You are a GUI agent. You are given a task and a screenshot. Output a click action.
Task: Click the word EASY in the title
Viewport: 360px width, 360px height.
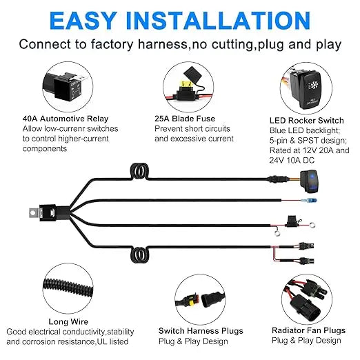pyautogui.click(x=83, y=21)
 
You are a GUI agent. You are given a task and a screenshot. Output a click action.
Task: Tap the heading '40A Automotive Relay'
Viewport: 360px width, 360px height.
pyautogui.click(x=66, y=119)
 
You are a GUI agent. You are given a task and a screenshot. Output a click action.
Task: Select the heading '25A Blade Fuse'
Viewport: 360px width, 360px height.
pyautogui.click(x=185, y=119)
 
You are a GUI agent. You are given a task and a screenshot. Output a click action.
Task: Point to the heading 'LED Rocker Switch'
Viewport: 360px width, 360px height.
pyautogui.click(x=307, y=121)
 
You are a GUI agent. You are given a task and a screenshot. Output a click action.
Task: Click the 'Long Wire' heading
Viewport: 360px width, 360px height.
pyautogui.click(x=68, y=321)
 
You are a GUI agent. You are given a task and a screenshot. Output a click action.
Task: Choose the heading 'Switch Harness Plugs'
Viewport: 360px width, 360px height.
pyautogui.click(x=201, y=331)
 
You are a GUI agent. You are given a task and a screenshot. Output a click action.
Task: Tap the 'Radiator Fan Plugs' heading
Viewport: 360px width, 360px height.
pyautogui.click(x=308, y=330)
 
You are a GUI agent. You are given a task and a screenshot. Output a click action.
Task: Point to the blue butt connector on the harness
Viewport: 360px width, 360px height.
pyautogui.click(x=311, y=201)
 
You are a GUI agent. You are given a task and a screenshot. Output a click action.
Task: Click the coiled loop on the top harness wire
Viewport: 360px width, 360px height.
pyautogui.click(x=139, y=171)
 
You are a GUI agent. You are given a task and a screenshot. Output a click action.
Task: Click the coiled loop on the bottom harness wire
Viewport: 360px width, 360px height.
pyautogui.click(x=139, y=255)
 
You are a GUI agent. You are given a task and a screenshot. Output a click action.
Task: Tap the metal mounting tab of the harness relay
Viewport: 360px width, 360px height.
pyautogui.click(x=34, y=213)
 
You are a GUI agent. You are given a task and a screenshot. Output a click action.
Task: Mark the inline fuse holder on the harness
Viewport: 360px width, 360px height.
pyautogui.click(x=292, y=221)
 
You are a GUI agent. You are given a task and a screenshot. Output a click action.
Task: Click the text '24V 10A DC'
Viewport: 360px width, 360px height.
pyautogui.click(x=292, y=160)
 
